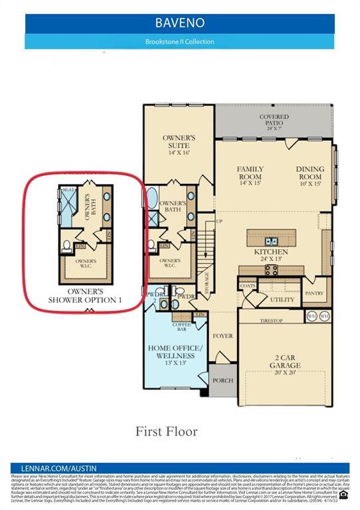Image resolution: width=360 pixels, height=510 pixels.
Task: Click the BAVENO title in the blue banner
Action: pos(180,23)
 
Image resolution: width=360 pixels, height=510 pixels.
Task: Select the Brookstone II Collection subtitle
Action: pos(180,41)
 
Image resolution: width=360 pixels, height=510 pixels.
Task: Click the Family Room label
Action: pos(250,173)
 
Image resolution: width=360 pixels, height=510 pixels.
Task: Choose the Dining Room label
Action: pos(310,173)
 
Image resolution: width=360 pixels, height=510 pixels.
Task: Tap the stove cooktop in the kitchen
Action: pos(272,269)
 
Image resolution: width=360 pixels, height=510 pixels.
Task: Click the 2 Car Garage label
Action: pos(284,361)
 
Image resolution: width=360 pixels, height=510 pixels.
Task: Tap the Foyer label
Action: pos(223,336)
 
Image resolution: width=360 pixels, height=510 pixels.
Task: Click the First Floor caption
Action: pos(167,432)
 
